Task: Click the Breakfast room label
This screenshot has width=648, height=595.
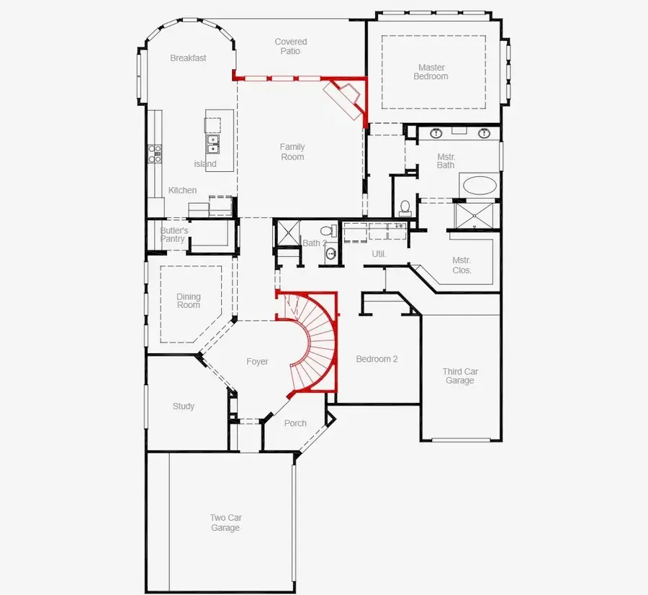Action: [x=188, y=58]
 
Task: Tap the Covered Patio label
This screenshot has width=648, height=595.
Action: [x=291, y=47]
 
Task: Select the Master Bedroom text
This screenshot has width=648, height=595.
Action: [x=431, y=72]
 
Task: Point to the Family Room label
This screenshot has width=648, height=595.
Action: [x=292, y=152]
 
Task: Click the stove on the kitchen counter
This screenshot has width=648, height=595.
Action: [x=155, y=153]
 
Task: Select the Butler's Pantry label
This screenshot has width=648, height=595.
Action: [x=174, y=235]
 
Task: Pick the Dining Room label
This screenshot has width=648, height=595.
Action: [x=189, y=301]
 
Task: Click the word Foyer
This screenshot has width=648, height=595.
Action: [x=257, y=362]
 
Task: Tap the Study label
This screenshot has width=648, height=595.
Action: [x=184, y=406]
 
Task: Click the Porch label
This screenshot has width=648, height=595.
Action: [x=295, y=423]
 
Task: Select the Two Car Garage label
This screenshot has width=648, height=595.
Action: [x=225, y=523]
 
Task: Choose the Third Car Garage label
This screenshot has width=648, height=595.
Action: [x=459, y=376]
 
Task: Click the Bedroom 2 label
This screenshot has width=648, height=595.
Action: [x=377, y=359]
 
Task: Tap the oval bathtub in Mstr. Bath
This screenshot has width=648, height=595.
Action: [x=480, y=186]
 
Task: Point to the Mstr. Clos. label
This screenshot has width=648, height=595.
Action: [x=462, y=265]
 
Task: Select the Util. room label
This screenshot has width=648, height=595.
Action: [x=379, y=254]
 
